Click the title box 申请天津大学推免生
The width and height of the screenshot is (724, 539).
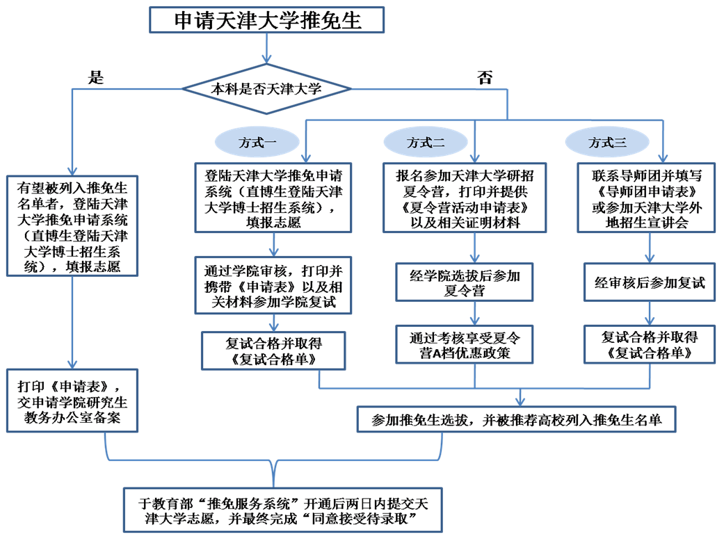tap(267, 20)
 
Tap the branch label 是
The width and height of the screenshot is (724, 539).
tap(95, 77)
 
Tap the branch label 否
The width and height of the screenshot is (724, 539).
tap(484, 77)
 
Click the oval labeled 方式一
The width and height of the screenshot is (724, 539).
tap(257, 143)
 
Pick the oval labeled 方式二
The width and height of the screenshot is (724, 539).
tap(425, 143)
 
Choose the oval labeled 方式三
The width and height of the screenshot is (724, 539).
tap(606, 143)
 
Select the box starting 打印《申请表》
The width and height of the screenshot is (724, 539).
tap(72, 401)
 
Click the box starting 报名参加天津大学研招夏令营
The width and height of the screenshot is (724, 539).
tap(464, 197)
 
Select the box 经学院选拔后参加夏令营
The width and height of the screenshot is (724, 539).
tap(464, 282)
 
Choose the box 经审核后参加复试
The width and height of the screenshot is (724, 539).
tap(649, 282)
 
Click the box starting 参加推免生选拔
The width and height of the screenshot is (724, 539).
tap(517, 419)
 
